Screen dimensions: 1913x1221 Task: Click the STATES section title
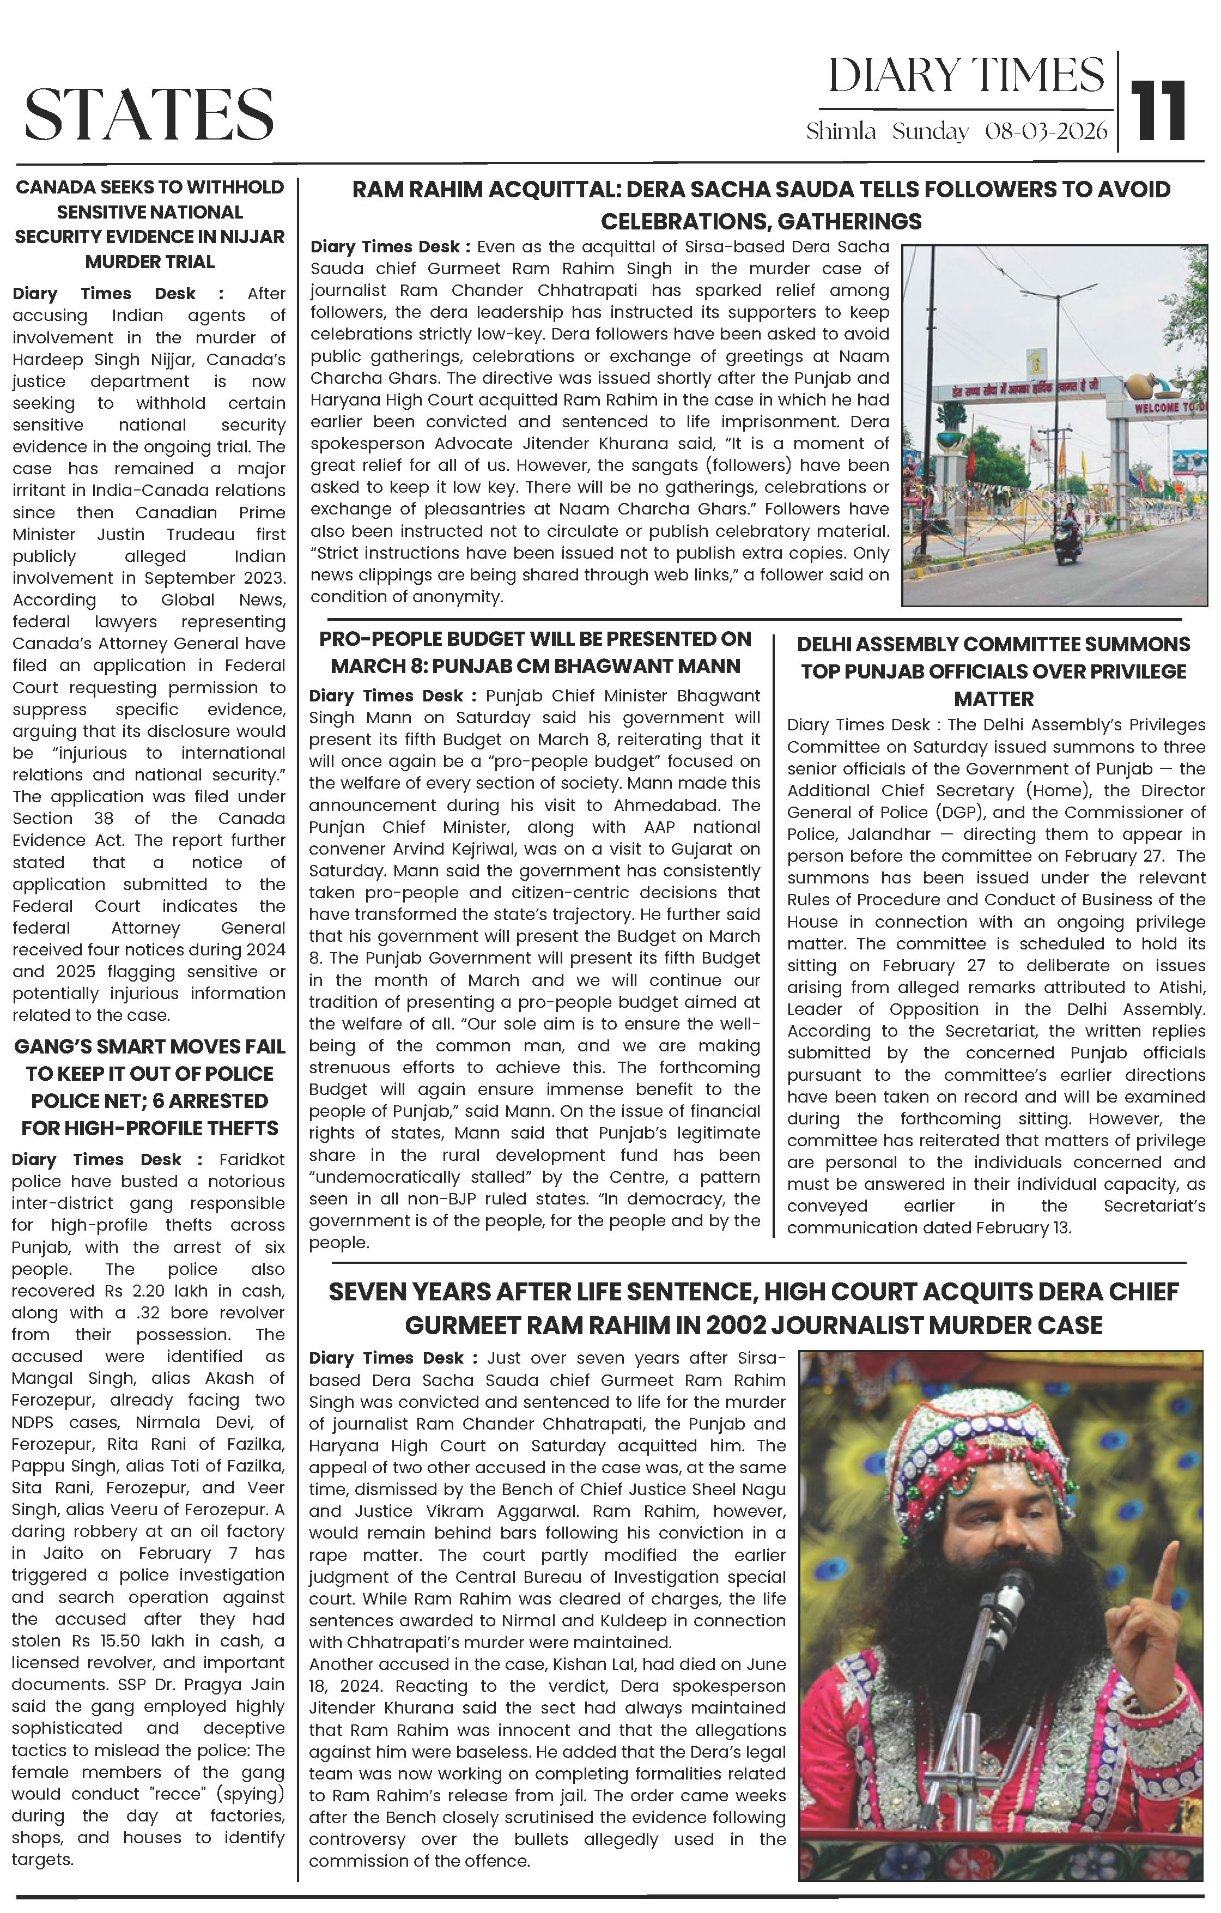(149, 113)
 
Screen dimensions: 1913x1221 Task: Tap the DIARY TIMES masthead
(966, 75)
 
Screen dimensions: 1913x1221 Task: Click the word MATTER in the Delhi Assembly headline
(993, 699)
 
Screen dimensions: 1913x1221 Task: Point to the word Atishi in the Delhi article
(1182, 988)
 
